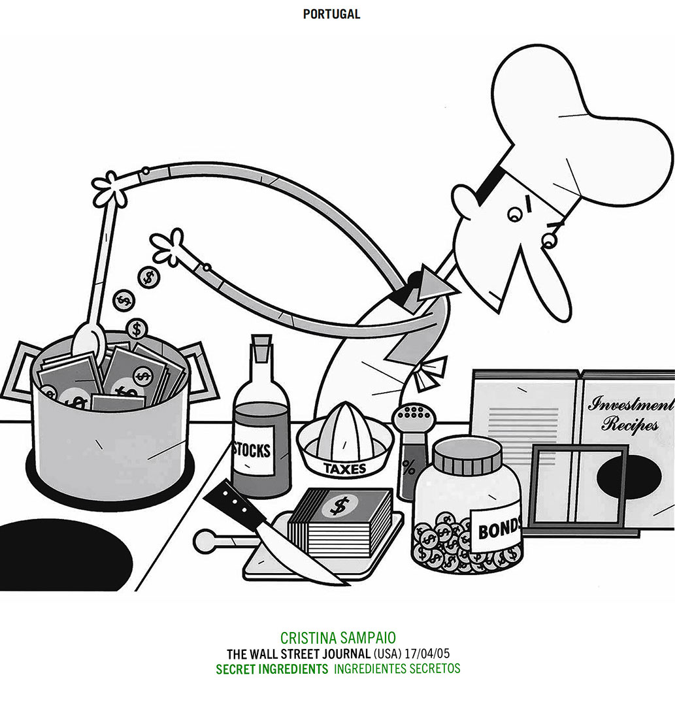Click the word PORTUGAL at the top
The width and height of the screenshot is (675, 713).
[331, 14]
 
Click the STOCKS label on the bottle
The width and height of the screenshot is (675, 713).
[252, 450]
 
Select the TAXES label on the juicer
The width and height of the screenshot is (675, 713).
[344, 469]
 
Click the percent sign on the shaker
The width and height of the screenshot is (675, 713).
[408, 468]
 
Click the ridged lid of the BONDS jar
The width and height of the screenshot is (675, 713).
[468, 456]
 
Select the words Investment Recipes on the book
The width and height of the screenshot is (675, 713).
[629, 414]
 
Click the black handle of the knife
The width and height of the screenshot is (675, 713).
[235, 502]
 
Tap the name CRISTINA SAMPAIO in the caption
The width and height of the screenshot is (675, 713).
[338, 637]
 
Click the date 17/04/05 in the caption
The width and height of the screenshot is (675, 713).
[427, 654]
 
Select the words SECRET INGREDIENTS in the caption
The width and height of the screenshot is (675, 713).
[272, 669]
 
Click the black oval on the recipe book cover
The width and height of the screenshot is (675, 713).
[629, 478]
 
